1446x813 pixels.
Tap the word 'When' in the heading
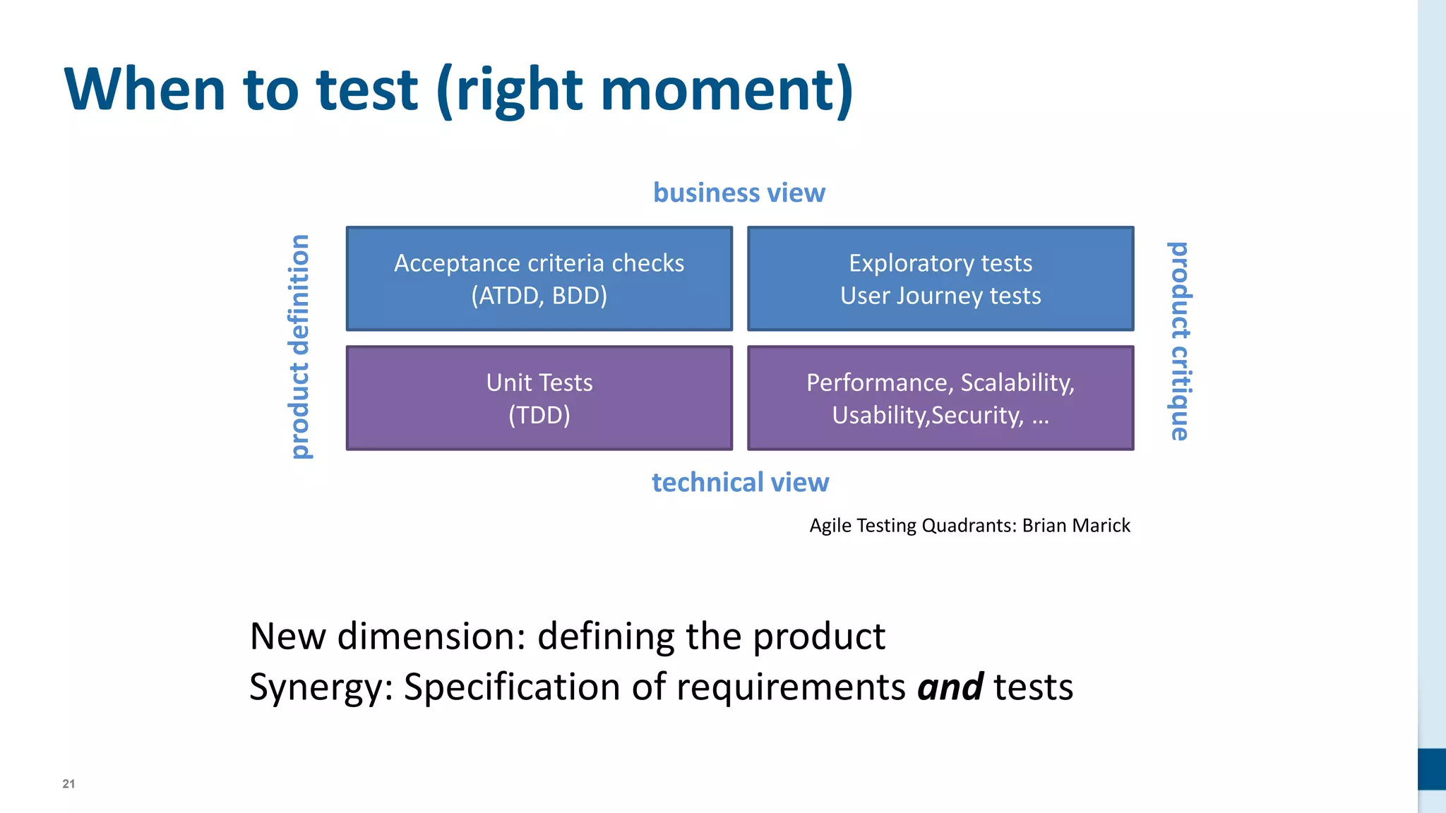pyautogui.click(x=145, y=90)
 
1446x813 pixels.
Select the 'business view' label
pyautogui.click(x=739, y=193)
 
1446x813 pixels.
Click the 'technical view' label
pyautogui.click(x=740, y=483)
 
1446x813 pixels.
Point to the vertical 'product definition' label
pyautogui.click(x=300, y=347)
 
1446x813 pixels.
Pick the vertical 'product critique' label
pyautogui.click(x=1179, y=341)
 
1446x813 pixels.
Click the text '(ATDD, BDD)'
pyautogui.click(x=539, y=296)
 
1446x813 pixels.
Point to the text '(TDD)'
pyautogui.click(x=539, y=415)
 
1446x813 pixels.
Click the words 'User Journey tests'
pyautogui.click(x=940, y=296)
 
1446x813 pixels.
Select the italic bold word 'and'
pyautogui.click(x=950, y=687)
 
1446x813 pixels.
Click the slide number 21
pyautogui.click(x=68, y=783)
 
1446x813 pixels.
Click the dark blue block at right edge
pyautogui.click(x=1432, y=769)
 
